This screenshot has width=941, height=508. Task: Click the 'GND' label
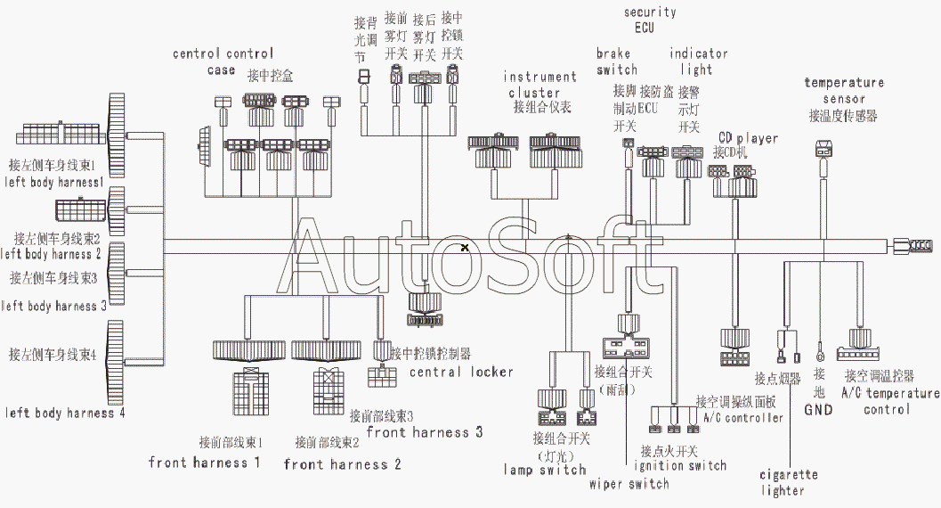point(818,410)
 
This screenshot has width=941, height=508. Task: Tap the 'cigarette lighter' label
point(789,482)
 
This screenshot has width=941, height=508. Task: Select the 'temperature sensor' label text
point(844,90)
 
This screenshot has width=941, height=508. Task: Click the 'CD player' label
point(748,138)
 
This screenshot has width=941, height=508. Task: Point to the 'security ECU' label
point(650,20)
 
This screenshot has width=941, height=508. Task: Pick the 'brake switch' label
point(617,61)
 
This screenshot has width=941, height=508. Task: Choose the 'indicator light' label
point(699,61)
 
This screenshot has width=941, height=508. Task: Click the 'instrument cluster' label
point(541,85)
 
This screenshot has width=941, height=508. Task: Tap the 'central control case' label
point(223,61)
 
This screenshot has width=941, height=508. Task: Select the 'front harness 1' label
point(205,463)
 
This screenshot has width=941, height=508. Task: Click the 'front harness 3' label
point(425,432)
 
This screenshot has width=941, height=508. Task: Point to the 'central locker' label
point(461,371)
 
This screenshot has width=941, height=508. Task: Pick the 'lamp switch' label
point(545,470)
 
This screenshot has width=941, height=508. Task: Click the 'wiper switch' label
point(629,484)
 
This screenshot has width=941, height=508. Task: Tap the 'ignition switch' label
point(680,465)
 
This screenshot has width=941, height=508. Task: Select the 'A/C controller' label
point(743,417)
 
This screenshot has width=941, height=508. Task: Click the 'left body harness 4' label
point(65,413)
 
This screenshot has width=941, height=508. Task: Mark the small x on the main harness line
point(465,247)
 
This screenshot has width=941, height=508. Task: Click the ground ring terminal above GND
point(820,348)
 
